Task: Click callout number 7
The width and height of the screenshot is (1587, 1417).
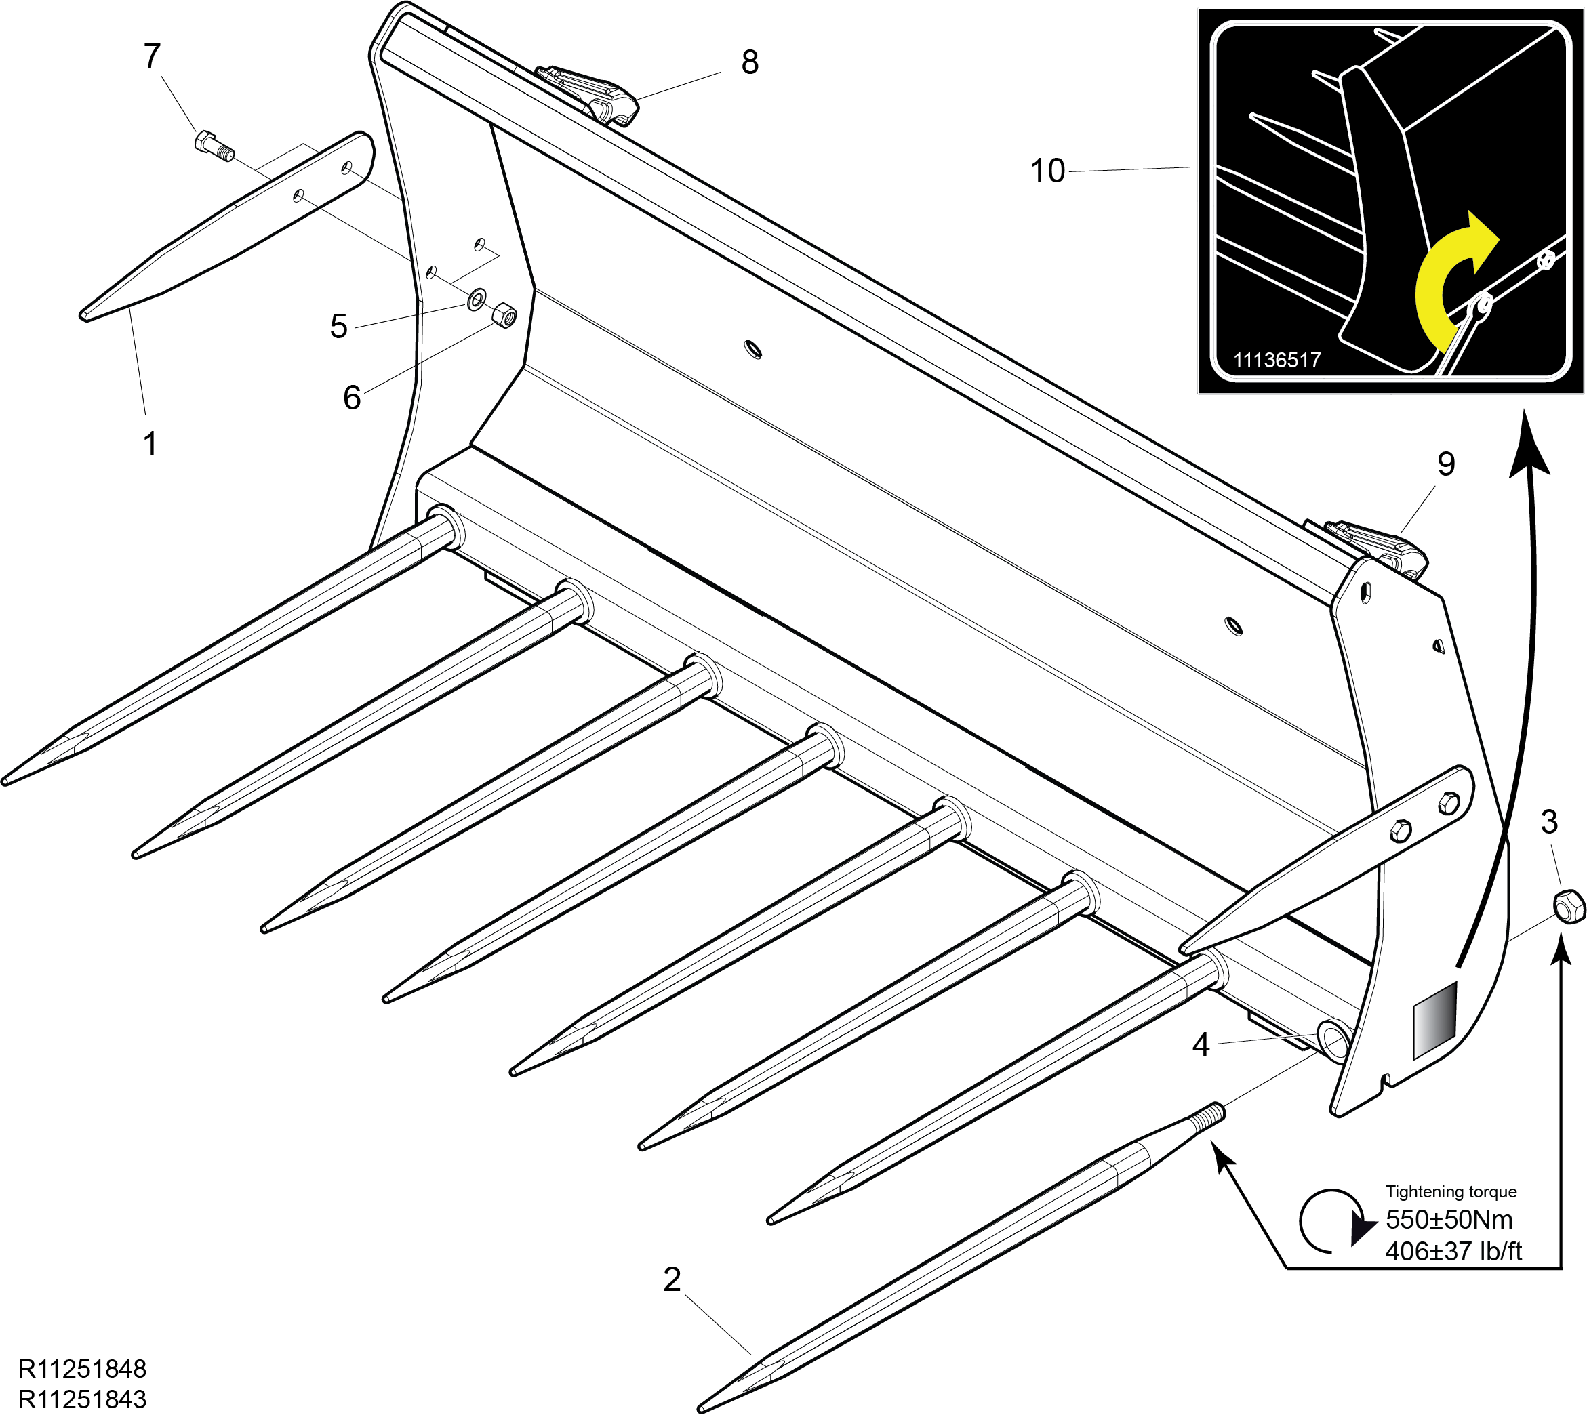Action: [x=152, y=56]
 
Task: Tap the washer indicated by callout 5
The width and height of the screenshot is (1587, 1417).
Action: [x=476, y=299]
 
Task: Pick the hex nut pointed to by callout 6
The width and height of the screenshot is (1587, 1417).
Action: [x=504, y=315]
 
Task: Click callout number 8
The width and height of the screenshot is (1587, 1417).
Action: [x=749, y=62]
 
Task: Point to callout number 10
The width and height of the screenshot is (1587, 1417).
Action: [x=1047, y=171]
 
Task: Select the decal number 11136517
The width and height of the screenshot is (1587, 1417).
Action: [x=1277, y=360]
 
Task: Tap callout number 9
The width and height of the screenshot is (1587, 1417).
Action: [x=1445, y=464]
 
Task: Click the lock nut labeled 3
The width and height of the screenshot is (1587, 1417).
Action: [x=1568, y=905]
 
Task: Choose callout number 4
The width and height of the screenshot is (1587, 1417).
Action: [x=1201, y=1045]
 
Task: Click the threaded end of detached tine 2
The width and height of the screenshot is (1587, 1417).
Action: [x=1206, y=1117]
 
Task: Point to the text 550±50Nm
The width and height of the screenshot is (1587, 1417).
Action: [x=1449, y=1219]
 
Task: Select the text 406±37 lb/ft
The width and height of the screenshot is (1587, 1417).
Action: [x=1453, y=1251]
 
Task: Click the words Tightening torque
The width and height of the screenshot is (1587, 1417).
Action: [x=1451, y=1191]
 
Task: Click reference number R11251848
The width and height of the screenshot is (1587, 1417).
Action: [x=82, y=1369]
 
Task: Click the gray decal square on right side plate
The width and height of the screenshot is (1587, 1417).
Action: [x=1434, y=1021]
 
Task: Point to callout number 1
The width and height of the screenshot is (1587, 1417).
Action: [x=150, y=445]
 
